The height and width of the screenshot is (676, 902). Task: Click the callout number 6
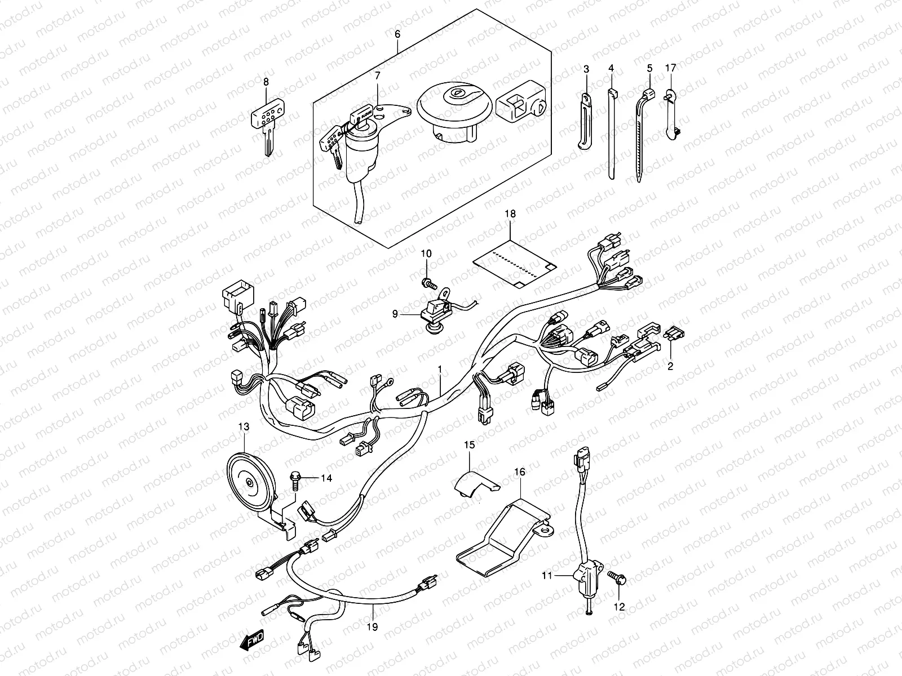coord(397,34)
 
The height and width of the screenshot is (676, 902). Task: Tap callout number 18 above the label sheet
coord(510,214)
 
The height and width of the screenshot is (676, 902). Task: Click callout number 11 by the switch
coord(546,575)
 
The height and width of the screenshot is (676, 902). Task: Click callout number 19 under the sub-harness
coord(373,626)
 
